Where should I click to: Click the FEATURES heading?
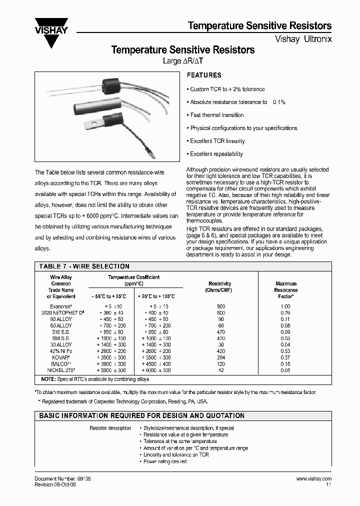[x=203, y=75]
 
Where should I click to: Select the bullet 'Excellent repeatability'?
[x=216, y=154]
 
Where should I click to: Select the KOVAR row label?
[x=61, y=357]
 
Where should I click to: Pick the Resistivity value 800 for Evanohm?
[x=221, y=306]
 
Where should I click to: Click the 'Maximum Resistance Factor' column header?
[x=285, y=290]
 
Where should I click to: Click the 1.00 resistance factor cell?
[x=285, y=306]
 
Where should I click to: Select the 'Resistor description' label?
[x=110, y=428]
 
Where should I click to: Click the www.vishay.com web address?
[x=313, y=478]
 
